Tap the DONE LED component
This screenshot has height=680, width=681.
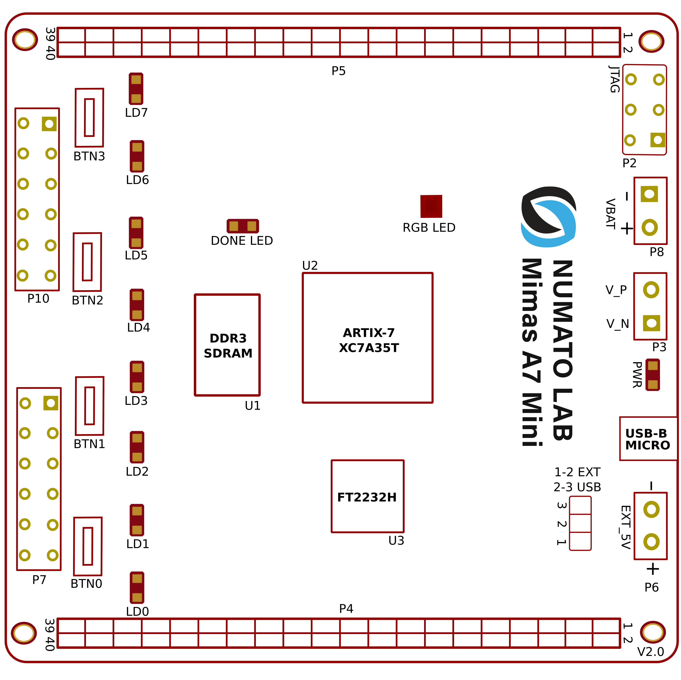[243, 226]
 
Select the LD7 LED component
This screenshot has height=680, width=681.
[136, 89]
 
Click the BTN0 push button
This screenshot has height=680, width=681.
[88, 546]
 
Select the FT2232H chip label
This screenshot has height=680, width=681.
[367, 497]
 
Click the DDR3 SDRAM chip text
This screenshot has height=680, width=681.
[228, 346]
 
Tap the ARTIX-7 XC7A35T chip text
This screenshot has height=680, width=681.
[369, 340]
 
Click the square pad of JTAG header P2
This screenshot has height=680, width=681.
[658, 140]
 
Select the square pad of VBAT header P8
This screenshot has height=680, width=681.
[649, 194]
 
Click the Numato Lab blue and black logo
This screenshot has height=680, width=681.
[549, 217]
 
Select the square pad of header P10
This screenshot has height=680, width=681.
[49, 124]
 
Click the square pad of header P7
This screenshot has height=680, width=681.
[51, 403]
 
